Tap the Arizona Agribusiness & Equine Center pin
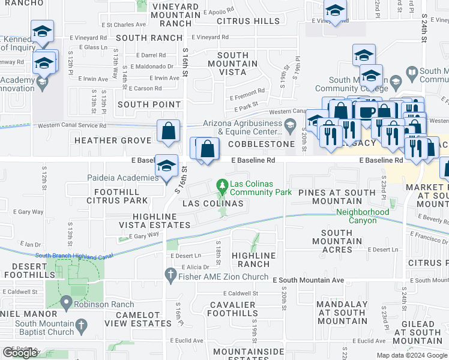[291, 126]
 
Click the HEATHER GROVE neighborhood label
[113, 140]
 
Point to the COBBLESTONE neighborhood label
[261, 144]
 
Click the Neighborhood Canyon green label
[363, 216]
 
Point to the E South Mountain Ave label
[308, 280]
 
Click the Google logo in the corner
[19, 353]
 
